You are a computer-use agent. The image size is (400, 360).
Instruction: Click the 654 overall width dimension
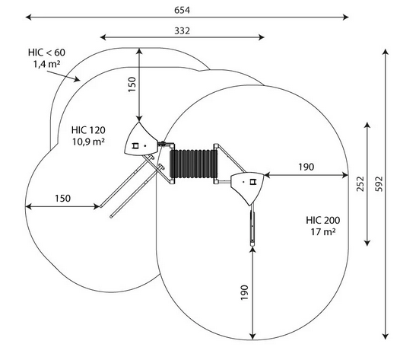point(183,10)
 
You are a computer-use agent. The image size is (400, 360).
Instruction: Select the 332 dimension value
point(183,31)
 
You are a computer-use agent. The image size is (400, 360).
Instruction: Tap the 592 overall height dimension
point(379,184)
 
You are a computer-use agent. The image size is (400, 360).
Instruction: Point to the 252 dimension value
point(360,184)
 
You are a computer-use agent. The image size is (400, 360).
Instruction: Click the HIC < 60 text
point(46,53)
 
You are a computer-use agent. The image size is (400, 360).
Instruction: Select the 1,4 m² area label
point(46,64)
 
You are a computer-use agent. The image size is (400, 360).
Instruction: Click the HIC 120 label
point(88,130)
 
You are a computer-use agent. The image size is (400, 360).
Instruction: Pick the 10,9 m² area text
point(88,142)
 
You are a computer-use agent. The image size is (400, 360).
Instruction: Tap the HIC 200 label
point(323,220)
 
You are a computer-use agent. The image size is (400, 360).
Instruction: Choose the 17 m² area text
point(323,232)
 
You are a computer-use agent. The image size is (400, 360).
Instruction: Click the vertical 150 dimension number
point(132,84)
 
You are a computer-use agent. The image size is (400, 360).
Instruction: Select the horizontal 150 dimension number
point(63,199)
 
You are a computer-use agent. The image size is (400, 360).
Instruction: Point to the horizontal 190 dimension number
point(306,167)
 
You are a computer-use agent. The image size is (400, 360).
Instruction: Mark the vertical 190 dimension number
point(244,292)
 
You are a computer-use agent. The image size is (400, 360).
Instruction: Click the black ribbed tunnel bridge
point(194,164)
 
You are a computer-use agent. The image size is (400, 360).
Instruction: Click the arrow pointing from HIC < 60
point(63,76)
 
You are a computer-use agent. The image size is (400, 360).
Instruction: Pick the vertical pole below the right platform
point(252,225)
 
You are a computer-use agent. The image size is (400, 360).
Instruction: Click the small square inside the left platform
point(135,146)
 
